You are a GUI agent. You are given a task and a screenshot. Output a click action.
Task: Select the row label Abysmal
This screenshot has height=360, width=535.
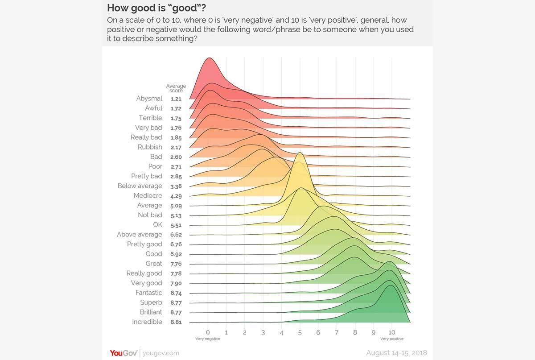[149, 99]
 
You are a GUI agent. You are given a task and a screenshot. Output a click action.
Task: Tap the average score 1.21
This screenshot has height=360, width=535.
[176, 99]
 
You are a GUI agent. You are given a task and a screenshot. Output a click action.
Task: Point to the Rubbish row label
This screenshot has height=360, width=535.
[150, 147]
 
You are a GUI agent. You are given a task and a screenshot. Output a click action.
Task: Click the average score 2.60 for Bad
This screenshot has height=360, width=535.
[176, 157]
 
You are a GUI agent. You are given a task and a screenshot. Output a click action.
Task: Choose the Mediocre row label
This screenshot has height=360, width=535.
[148, 196]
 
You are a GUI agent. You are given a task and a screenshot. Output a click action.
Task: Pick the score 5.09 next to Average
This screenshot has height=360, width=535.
[176, 206]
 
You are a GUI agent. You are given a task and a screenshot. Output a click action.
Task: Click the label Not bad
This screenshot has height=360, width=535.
[150, 215]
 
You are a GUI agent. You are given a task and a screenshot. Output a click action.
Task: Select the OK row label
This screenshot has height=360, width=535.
[158, 225]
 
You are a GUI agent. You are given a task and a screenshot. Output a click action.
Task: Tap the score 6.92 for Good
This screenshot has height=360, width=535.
[176, 254]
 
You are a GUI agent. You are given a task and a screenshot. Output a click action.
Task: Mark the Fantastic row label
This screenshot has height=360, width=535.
[149, 293]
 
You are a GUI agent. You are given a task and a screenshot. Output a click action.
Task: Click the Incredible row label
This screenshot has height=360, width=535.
[147, 322]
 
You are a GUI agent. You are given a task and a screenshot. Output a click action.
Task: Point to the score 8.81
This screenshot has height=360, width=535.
[176, 322]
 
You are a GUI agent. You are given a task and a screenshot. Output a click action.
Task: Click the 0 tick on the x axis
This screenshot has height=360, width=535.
[208, 332]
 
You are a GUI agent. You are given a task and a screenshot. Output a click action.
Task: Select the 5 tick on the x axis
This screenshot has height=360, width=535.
[300, 332]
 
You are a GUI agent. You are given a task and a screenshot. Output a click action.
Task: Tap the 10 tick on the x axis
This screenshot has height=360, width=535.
[391, 332]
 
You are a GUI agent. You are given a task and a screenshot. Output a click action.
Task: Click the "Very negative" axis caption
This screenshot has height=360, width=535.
[208, 339]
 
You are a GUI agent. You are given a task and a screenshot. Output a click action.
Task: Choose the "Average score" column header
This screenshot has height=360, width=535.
[176, 88]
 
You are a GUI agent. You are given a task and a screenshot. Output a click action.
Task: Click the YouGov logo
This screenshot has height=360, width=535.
[123, 353]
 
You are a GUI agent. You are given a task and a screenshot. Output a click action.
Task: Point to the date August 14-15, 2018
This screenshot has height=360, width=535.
[396, 353]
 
